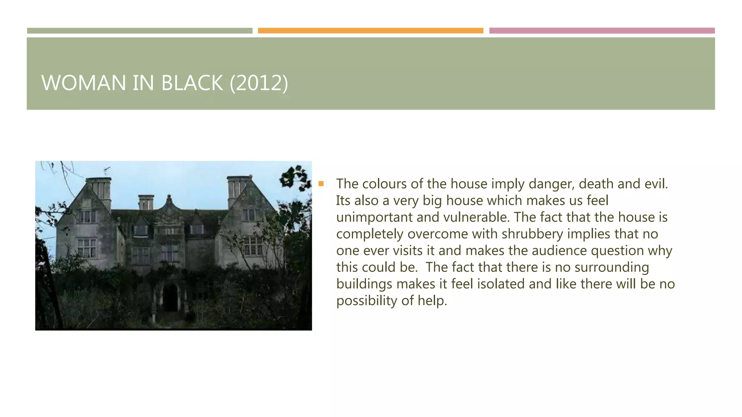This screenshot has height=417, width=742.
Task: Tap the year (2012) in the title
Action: pos(259,83)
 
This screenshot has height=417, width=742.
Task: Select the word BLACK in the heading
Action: pos(192,83)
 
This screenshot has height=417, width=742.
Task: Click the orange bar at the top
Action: pos(370,31)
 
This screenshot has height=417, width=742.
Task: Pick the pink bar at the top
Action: pos(602,31)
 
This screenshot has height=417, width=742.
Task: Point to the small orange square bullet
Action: pos(321,184)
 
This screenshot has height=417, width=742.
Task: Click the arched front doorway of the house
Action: pos(170,298)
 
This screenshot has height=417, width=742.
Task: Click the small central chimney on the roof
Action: pos(146,202)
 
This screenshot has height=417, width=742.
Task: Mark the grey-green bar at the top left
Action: pos(139,31)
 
